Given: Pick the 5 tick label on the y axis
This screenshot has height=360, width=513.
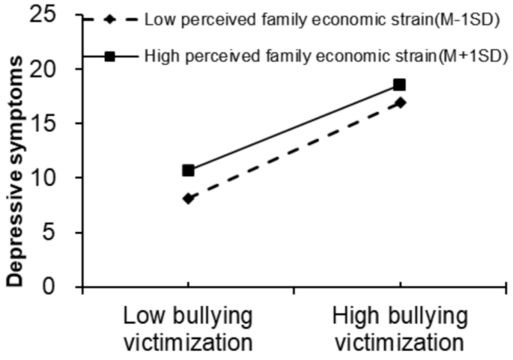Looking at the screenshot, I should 62,232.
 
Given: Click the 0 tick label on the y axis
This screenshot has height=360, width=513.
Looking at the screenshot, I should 62,286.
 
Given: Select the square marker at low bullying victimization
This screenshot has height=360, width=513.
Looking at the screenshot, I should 187,171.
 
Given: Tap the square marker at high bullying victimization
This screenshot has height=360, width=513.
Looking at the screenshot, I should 399,85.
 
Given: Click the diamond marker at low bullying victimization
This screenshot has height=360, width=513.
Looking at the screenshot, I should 187,198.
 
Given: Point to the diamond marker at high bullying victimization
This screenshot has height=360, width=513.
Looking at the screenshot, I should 399,103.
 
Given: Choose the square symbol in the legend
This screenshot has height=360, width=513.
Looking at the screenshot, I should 109,55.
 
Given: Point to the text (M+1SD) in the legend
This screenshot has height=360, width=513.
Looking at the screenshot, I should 477,55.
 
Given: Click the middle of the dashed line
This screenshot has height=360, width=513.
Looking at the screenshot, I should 293,150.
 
